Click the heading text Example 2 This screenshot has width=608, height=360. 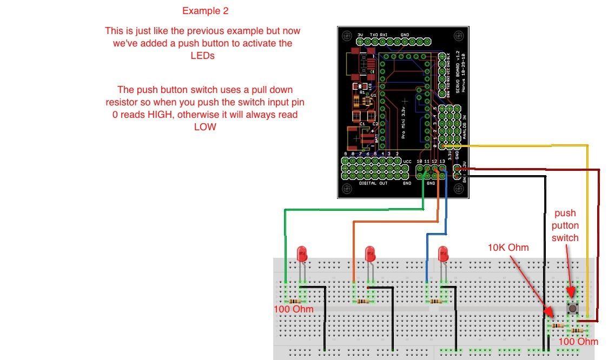205,11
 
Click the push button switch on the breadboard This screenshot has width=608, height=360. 572,308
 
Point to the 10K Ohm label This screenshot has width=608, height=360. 508,248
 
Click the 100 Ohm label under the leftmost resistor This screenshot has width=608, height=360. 294,309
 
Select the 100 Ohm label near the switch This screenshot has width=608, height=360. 578,342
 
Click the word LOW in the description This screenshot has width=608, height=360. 205,127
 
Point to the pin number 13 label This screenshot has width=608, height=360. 442,162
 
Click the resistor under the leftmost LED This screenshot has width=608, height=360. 295,301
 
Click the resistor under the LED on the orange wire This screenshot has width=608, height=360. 362,302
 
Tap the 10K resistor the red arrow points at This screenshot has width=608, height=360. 557,325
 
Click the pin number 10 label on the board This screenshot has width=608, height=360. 420,162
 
